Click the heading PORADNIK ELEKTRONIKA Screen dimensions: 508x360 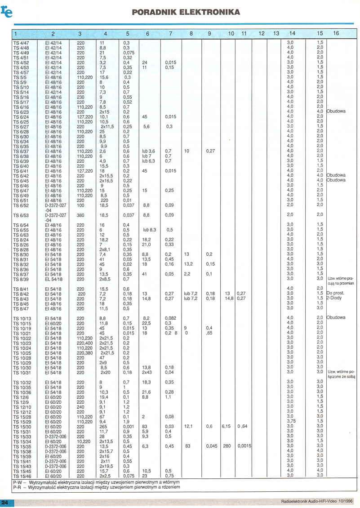point(186,12)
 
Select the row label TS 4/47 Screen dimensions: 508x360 point(21,42)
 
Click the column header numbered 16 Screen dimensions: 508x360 point(336,33)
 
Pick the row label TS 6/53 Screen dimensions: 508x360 point(21,215)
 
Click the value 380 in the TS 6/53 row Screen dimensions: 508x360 point(80,215)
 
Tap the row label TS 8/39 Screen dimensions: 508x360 point(21,279)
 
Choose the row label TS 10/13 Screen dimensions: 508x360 point(22,318)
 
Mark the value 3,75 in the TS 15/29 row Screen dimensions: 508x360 point(290,421)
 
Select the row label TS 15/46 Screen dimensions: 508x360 point(22,475)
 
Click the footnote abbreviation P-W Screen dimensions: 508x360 point(18,482)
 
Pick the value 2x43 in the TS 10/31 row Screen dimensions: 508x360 point(147,372)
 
